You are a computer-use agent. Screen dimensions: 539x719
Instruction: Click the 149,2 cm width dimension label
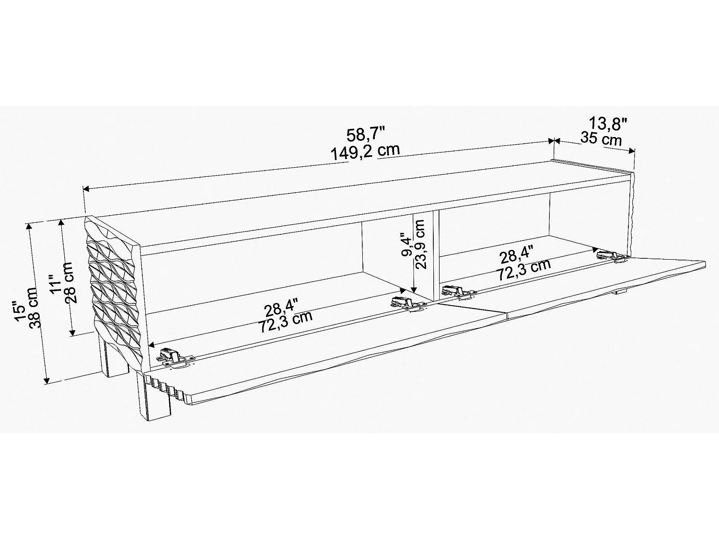pyautogui.click(x=365, y=152)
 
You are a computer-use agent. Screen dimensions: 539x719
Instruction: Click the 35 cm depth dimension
pyautogui.click(x=601, y=139)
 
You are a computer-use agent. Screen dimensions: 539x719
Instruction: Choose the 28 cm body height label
pyautogui.click(x=70, y=283)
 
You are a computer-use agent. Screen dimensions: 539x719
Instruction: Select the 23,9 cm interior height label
pyautogui.click(x=420, y=244)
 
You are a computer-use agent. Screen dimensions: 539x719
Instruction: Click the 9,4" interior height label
pyautogui.click(x=406, y=245)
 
